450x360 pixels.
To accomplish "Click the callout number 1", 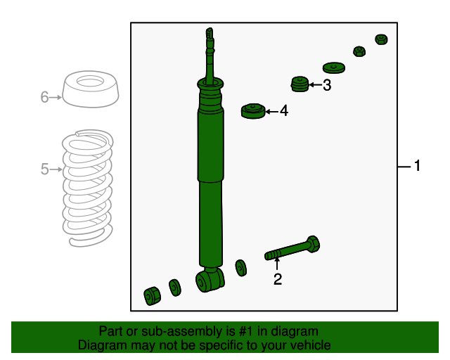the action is [x=417, y=166].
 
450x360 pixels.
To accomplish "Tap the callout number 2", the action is [x=278, y=279].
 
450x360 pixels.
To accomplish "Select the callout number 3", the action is [x=327, y=85].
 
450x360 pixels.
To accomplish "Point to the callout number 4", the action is [x=284, y=111].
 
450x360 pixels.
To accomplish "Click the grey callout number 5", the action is [x=44, y=169].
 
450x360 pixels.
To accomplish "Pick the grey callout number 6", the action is [x=44, y=97].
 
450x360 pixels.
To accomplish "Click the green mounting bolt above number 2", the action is [x=292, y=249].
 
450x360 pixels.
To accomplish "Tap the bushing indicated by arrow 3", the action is [x=300, y=84].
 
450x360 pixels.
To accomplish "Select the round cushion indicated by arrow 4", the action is [x=253, y=111].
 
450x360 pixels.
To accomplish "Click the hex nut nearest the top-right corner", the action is [x=381, y=39].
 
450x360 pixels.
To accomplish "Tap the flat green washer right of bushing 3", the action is [x=333, y=67].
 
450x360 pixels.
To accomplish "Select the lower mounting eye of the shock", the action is [x=210, y=280].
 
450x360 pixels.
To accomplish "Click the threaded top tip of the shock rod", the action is [x=210, y=33].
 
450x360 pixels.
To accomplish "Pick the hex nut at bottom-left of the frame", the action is [x=152, y=296].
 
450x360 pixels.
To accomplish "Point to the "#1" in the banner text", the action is [x=246, y=331].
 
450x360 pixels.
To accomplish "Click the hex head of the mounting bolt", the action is [x=313, y=244].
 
